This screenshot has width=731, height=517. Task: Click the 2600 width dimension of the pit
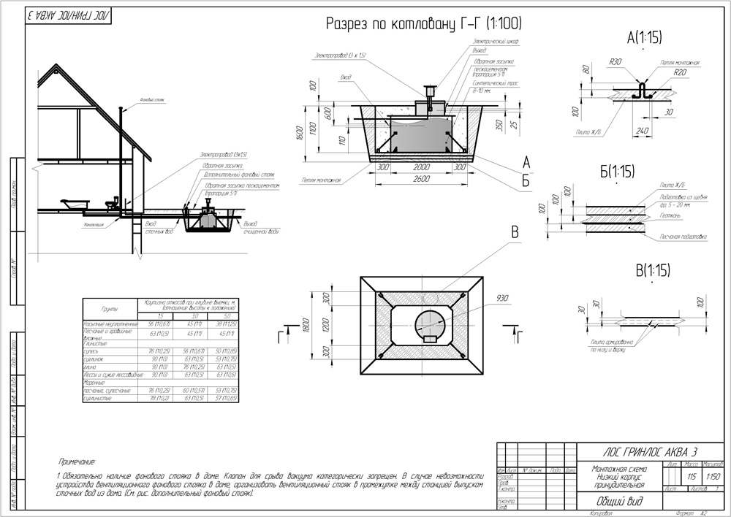click(x=419, y=180)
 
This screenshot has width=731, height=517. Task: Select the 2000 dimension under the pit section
click(x=419, y=167)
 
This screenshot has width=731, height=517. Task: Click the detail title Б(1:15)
click(x=616, y=172)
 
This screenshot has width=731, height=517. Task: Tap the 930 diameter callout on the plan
click(x=501, y=298)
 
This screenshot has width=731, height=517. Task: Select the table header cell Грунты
click(x=109, y=309)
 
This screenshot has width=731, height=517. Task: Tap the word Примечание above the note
click(x=77, y=461)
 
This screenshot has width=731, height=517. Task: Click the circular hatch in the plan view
click(x=429, y=324)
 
